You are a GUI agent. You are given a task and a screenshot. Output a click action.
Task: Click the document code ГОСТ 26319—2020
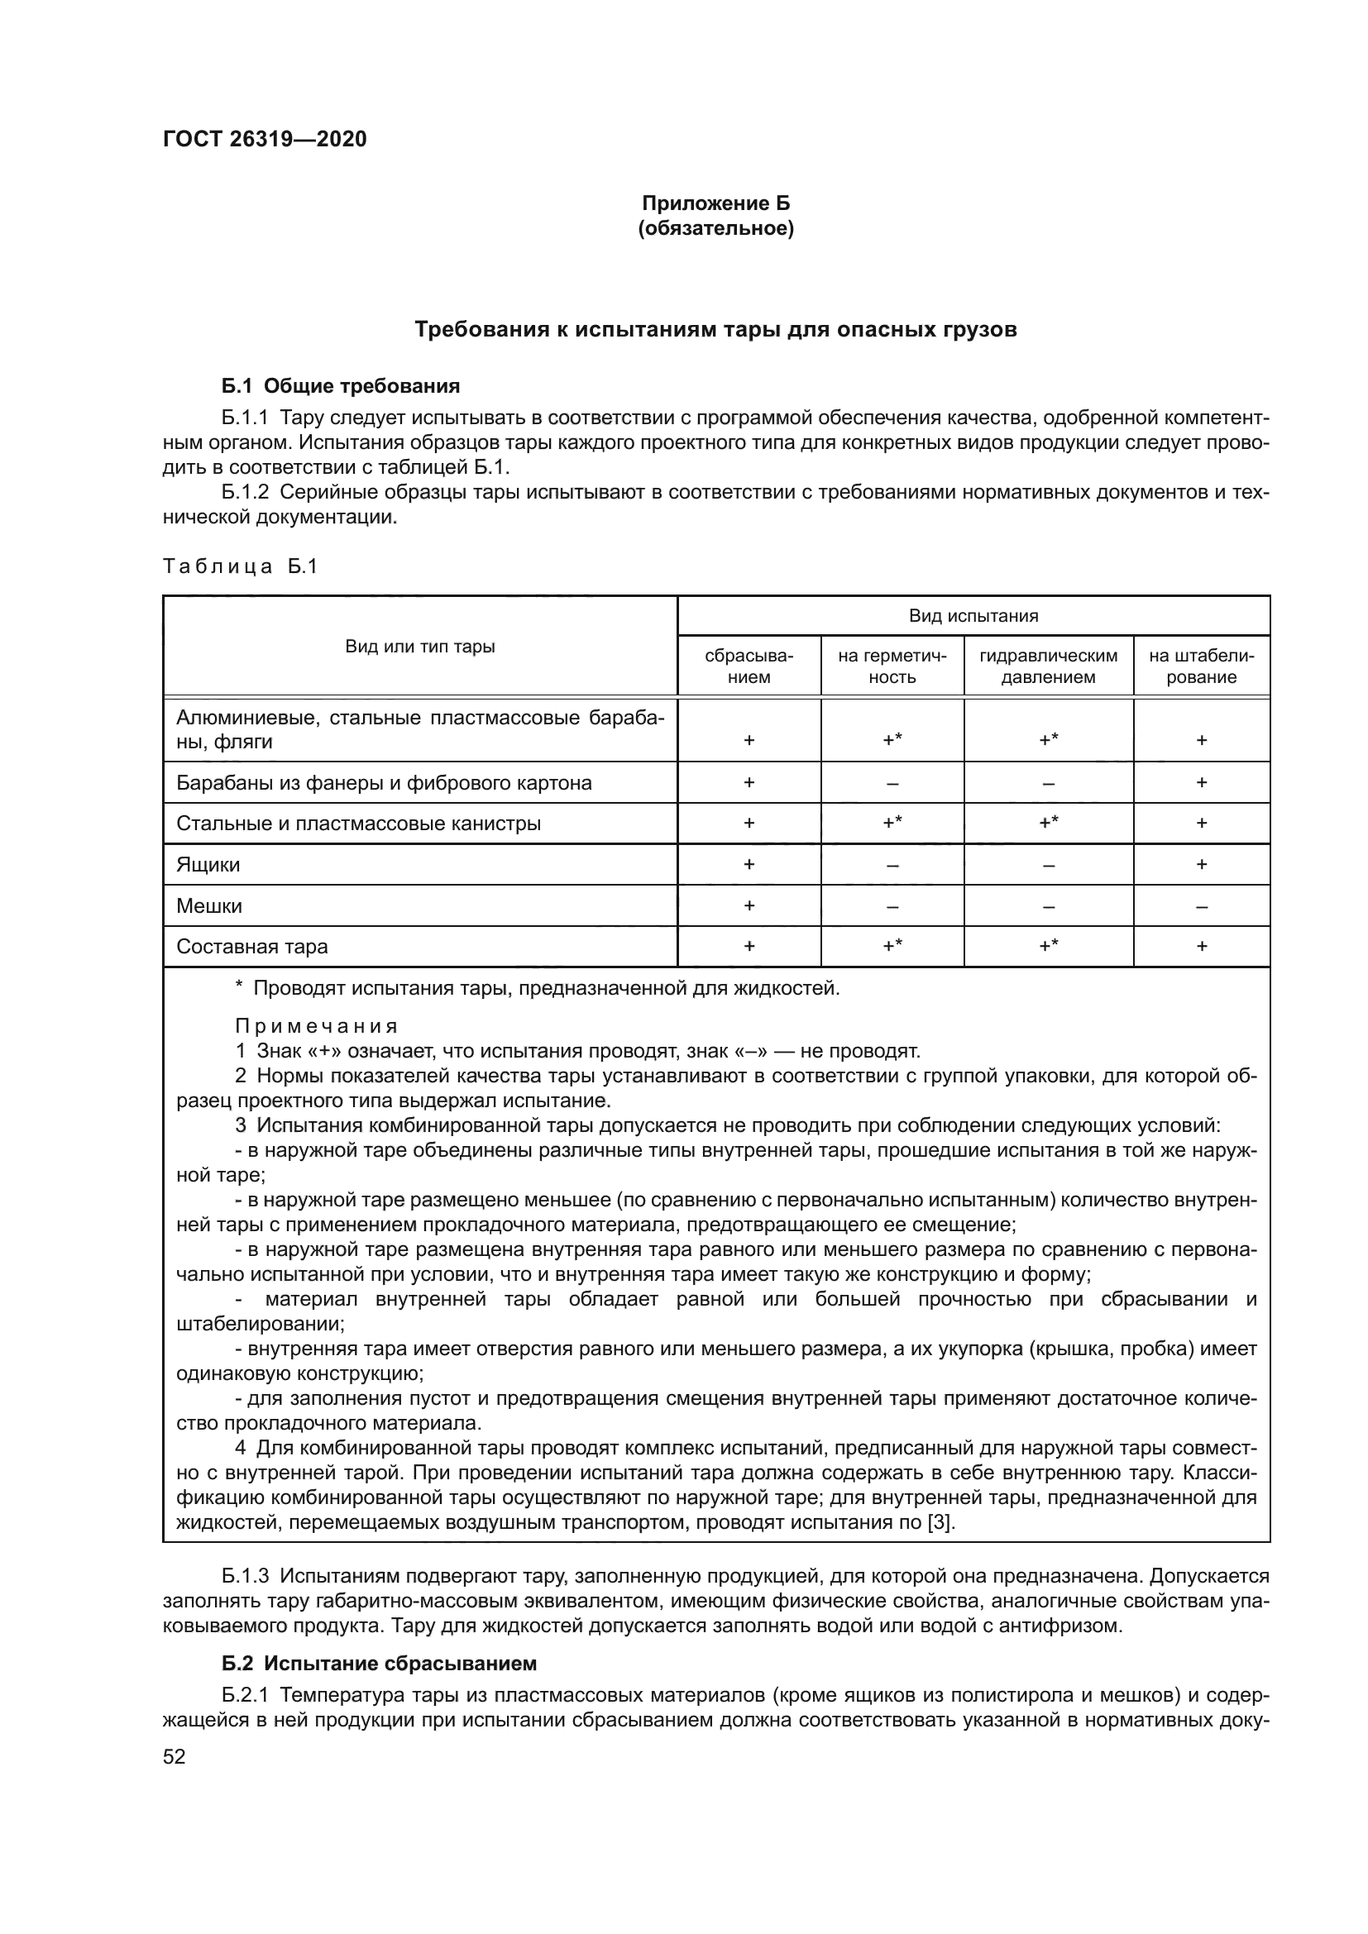[265, 139]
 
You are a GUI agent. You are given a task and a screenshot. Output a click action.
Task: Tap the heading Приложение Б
[715, 203]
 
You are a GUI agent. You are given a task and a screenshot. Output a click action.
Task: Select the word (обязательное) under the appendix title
[715, 228]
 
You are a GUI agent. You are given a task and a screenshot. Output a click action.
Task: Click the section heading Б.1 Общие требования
[341, 386]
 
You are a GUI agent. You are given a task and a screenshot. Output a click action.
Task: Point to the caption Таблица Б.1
[240, 566]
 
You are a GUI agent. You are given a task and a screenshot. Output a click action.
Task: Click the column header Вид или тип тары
[419, 646]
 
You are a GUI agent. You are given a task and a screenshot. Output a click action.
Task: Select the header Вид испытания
[973, 616]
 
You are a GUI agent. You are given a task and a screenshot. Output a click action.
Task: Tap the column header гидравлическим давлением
[1048, 666]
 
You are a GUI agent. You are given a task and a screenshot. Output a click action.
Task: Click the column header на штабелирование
[1201, 666]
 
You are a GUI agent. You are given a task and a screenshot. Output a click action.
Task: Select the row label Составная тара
[252, 947]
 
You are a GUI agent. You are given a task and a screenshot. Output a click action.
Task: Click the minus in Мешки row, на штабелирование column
[1201, 907]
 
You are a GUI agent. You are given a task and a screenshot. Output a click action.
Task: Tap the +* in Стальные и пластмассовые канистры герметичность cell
[892, 823]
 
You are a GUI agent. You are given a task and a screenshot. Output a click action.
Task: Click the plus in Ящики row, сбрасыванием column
[749, 865]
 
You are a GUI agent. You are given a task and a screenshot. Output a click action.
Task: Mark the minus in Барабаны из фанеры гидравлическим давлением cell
[1048, 783]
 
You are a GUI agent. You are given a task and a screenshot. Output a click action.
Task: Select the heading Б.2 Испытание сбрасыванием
[379, 1664]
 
